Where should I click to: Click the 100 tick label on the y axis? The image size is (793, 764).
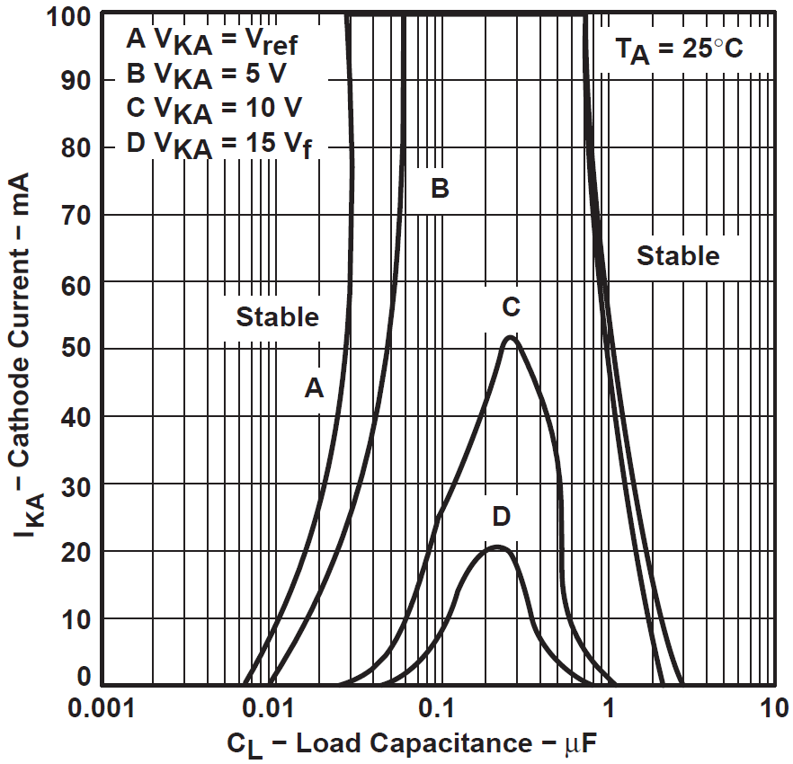pos(68,17)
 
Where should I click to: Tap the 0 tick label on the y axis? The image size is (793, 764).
pos(84,676)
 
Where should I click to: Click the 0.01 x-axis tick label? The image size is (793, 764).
pos(268,709)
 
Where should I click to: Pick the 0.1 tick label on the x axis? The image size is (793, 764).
pos(438,709)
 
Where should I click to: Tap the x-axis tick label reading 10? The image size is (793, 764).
pos(774,709)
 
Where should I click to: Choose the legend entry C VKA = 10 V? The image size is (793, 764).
pos(214,110)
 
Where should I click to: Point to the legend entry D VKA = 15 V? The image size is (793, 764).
pos(219,145)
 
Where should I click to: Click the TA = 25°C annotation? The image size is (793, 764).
pos(679,50)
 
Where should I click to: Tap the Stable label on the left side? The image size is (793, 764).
pos(277,317)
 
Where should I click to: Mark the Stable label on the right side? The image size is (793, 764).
pos(678,255)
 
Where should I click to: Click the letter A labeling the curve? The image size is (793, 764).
pos(314,388)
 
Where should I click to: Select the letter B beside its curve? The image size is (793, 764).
pos(440,188)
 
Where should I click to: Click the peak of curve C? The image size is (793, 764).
pos(511,337)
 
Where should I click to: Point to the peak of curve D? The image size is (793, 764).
pos(498,547)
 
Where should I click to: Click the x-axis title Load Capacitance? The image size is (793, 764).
pos(414,743)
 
